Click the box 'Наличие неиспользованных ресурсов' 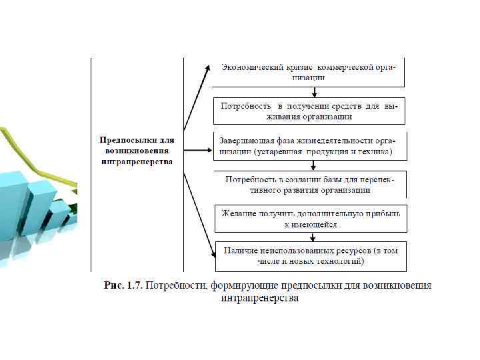(x=310, y=256)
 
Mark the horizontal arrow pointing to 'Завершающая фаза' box (x=198, y=150)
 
